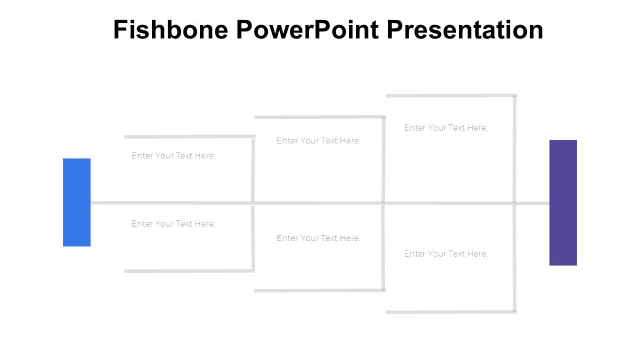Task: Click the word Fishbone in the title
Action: [x=171, y=30]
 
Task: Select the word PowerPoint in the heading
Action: [x=308, y=30]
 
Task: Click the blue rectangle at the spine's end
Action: [x=77, y=202]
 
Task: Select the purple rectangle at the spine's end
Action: [x=563, y=202]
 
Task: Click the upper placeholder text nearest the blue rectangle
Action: [x=173, y=156]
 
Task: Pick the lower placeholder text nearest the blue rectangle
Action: [x=173, y=223]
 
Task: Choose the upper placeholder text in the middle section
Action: [x=318, y=141]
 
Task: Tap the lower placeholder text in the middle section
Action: [x=318, y=238]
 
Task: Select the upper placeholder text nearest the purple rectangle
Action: [x=446, y=127]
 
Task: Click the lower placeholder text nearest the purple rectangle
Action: [x=446, y=253]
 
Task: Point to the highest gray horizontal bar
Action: [x=451, y=96]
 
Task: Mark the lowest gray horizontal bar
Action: [x=451, y=312]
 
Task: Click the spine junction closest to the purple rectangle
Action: [x=515, y=203]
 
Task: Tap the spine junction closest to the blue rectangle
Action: [x=253, y=203]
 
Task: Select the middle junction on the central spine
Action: [x=383, y=203]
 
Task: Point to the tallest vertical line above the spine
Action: [x=515, y=149]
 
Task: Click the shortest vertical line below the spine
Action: [x=253, y=237]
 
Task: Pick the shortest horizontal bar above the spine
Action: [x=189, y=137]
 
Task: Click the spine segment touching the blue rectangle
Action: [x=171, y=203]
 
